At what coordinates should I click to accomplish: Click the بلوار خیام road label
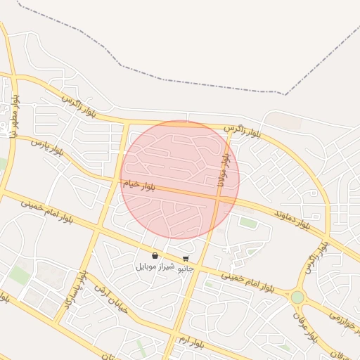click(139, 186)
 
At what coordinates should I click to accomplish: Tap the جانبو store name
click(184, 269)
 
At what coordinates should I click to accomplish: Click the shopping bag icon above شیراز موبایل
click(155, 256)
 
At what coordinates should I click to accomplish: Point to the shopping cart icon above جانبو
click(186, 258)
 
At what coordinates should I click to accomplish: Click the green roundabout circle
click(297, 297)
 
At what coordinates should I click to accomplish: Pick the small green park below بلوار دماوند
click(247, 223)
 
